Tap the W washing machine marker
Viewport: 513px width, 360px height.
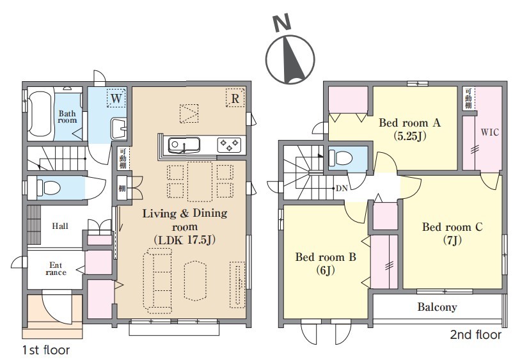click(116, 97)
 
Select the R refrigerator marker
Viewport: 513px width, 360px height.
click(235, 97)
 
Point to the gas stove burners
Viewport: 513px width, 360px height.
click(229, 145)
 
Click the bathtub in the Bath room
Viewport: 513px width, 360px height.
click(40, 114)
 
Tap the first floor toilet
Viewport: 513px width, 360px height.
click(49, 188)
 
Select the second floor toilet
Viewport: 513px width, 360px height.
click(340, 158)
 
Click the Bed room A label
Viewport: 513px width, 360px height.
click(409, 123)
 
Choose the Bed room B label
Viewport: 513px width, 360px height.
click(326, 257)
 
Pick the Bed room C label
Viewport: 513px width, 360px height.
click(452, 226)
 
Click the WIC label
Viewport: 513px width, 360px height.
click(489, 132)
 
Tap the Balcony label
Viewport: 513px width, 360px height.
click(437, 307)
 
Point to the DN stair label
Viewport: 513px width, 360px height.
click(342, 189)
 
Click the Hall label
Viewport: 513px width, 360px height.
click(60, 226)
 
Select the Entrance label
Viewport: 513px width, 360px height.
click(56, 269)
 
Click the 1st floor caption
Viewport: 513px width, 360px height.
click(46, 350)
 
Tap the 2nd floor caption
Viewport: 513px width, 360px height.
click(476, 334)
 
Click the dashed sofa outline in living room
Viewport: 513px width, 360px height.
click(158, 279)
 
